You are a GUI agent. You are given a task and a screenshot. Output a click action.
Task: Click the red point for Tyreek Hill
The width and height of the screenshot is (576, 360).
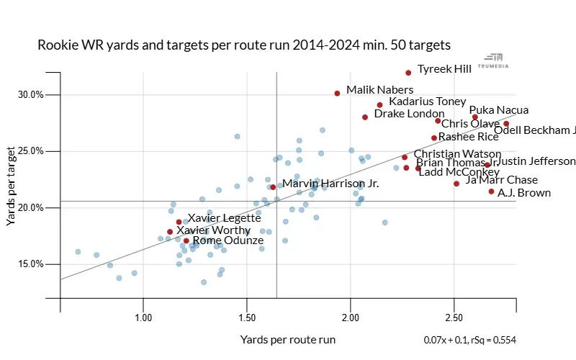[408, 73]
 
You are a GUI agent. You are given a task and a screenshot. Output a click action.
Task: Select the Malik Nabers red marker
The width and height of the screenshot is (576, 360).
[337, 94]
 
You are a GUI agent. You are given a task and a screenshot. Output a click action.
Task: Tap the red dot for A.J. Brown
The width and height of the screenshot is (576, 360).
[491, 192]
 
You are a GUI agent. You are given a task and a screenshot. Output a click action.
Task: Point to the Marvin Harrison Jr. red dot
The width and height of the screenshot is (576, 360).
[273, 187]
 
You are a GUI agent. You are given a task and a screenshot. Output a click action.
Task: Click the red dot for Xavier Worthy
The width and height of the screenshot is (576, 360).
[170, 232]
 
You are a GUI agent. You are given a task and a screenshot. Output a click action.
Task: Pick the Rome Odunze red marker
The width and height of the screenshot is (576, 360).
[186, 240]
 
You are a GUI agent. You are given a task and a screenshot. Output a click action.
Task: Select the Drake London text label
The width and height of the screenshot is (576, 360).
[409, 114]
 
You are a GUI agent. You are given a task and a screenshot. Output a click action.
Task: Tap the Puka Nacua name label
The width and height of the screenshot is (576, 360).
[499, 110]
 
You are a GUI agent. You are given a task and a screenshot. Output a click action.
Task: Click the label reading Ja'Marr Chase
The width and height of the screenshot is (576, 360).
[502, 180]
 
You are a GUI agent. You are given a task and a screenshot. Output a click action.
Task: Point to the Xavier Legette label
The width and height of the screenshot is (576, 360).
[219, 217]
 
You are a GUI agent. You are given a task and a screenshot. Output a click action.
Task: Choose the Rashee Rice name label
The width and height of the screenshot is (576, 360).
[469, 136]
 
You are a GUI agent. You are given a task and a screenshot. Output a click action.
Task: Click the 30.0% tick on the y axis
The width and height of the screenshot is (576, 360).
[31, 94]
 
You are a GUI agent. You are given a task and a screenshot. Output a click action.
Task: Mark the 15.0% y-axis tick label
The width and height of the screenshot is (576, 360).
[31, 264]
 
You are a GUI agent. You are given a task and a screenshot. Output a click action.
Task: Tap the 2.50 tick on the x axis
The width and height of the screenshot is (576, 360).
[454, 318]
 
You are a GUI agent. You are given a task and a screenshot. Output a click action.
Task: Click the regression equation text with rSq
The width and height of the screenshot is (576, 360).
[469, 340]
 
